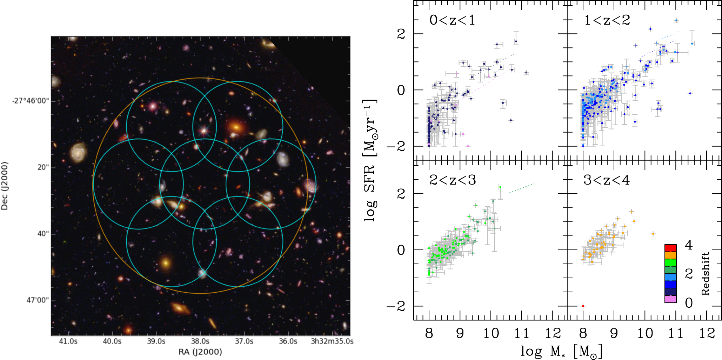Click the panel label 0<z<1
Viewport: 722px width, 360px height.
(x=452, y=20)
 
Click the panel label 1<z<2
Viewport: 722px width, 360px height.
(x=607, y=20)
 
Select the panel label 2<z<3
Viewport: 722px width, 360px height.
(x=453, y=180)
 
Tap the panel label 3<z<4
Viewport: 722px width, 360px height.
(x=607, y=180)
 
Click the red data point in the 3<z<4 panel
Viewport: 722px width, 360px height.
(x=583, y=306)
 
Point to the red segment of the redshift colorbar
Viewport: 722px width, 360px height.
(x=670, y=248)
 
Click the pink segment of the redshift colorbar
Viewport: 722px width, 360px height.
(x=670, y=299)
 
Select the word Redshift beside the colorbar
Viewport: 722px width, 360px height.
(x=705, y=273)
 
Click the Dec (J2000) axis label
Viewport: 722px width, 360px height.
(x=5, y=186)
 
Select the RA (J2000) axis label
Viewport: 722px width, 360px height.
(x=200, y=352)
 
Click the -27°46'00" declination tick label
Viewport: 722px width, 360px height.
(x=31, y=101)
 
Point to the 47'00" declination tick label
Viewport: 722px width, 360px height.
(x=38, y=300)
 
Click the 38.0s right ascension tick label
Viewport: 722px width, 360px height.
(x=200, y=341)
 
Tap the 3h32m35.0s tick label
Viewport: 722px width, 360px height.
(x=332, y=341)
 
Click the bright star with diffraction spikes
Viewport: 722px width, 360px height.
(x=203, y=131)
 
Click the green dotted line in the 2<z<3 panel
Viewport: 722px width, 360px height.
(x=521, y=188)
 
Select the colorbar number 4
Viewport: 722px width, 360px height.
(x=689, y=245)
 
